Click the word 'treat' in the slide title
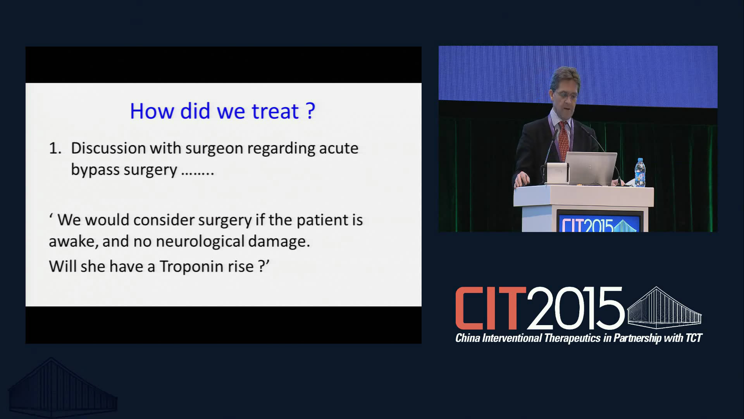point(275,111)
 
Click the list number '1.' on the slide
point(55,149)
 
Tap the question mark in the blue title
point(310,111)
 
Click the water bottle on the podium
point(640,173)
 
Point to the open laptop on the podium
point(591,168)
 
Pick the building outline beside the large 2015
point(664,308)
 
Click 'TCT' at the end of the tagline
point(694,338)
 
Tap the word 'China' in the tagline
point(468,338)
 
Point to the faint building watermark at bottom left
point(63,388)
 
